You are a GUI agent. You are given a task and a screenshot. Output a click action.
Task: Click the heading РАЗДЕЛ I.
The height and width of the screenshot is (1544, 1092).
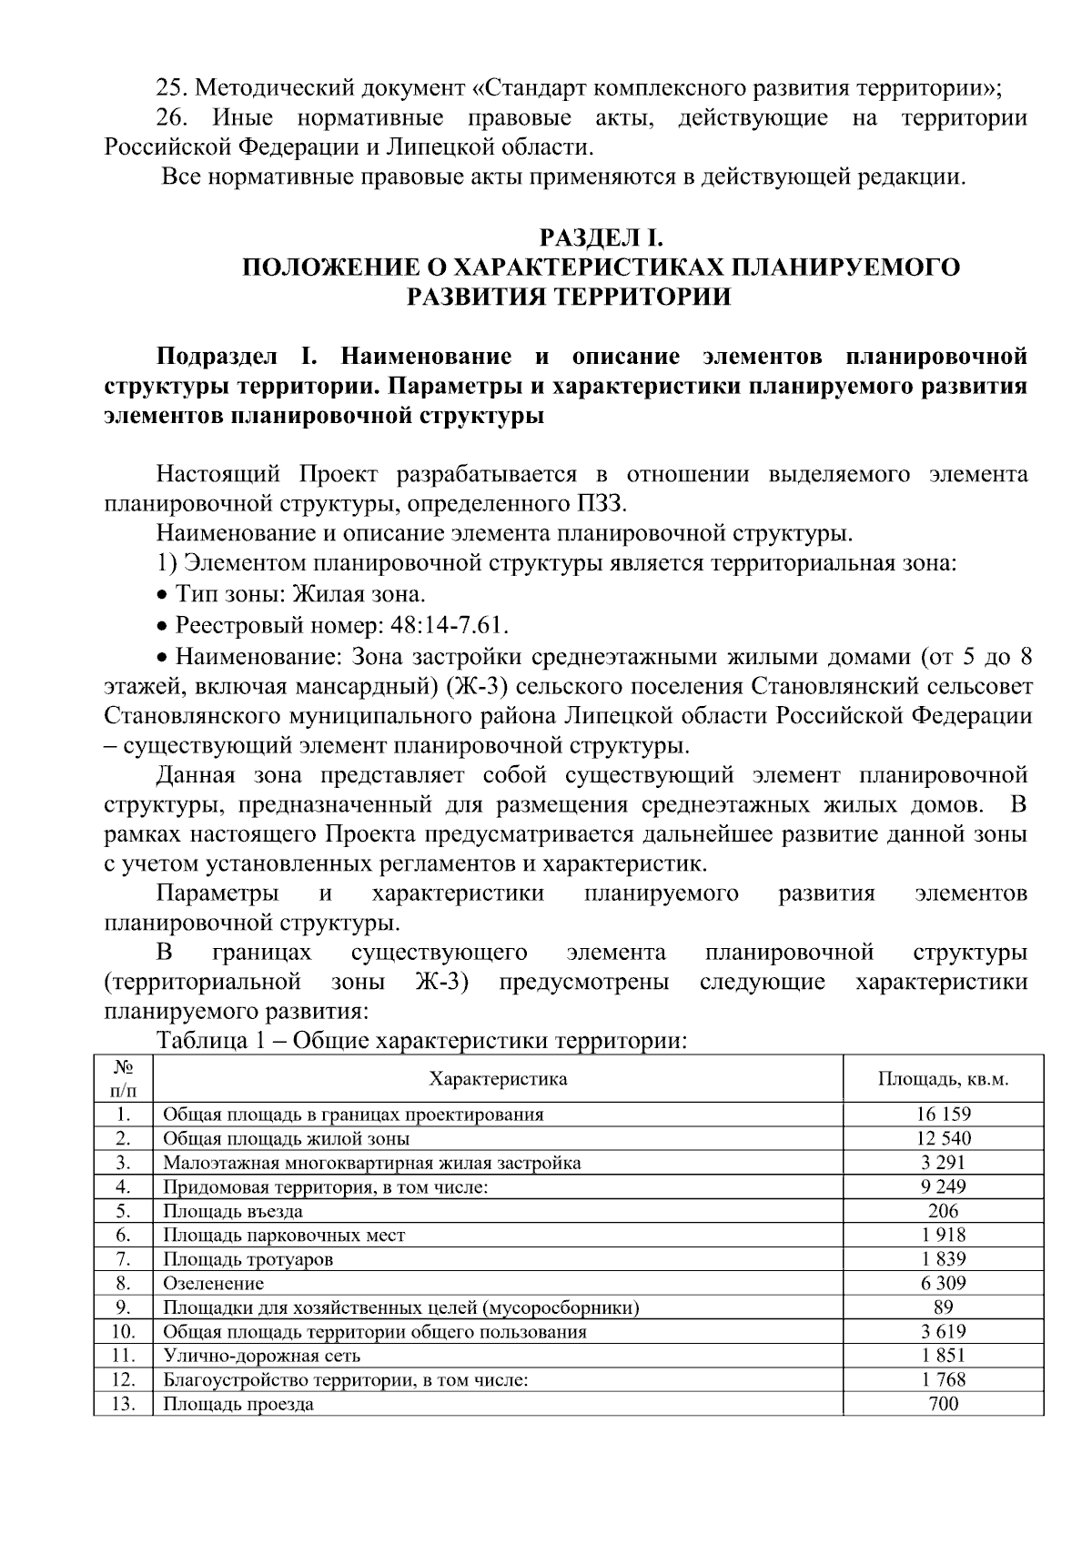(602, 238)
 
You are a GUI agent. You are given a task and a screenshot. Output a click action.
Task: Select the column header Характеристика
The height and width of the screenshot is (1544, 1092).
(498, 1079)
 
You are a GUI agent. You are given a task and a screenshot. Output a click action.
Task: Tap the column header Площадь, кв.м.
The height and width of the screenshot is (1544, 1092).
(943, 1079)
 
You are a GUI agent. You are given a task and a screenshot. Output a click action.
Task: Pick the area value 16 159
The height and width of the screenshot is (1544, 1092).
(943, 1115)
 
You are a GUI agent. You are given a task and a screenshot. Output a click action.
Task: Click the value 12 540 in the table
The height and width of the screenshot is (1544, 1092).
(943, 1138)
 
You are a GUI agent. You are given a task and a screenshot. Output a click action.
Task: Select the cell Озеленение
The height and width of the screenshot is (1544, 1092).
(213, 1284)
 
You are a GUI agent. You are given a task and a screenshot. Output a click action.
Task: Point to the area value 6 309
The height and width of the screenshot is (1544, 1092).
(943, 1284)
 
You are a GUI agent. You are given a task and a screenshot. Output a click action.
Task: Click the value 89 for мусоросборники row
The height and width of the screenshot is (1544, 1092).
(943, 1307)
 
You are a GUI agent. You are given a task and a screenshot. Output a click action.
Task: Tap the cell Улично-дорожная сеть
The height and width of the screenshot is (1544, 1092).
(261, 1356)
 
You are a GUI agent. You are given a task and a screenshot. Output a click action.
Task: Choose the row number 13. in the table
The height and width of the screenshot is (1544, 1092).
(123, 1404)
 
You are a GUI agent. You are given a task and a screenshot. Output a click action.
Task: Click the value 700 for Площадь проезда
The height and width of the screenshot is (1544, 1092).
(943, 1404)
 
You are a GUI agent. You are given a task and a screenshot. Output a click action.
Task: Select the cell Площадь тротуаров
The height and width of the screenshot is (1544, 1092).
(248, 1259)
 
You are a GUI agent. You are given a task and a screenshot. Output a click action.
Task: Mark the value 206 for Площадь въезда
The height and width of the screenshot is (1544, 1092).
(943, 1211)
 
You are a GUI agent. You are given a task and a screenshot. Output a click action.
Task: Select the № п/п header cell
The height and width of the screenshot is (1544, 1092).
(123, 1079)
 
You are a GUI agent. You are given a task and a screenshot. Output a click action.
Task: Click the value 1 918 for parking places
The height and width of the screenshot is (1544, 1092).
(943, 1236)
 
